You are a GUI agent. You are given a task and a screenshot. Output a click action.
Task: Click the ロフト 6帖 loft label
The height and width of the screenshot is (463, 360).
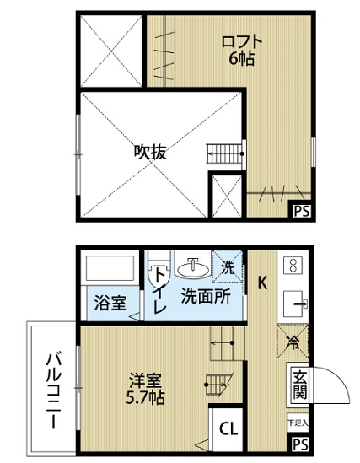point(242,51)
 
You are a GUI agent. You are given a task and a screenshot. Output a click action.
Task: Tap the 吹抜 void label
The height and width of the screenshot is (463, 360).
point(150,152)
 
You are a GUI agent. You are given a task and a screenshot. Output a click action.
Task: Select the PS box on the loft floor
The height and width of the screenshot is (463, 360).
point(302,211)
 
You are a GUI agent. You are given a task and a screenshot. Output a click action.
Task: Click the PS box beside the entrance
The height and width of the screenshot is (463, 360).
point(301,444)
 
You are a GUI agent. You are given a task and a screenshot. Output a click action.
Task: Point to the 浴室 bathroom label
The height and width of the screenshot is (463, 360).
point(110,303)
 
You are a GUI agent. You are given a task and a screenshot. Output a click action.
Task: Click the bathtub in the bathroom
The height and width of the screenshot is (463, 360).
point(110,268)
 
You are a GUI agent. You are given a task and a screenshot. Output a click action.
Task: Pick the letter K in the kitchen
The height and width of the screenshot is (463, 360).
point(262,283)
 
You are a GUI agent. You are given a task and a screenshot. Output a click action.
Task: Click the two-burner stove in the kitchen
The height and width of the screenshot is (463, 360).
point(293,265)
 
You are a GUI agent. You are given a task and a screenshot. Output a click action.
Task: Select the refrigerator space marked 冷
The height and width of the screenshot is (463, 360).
point(293,342)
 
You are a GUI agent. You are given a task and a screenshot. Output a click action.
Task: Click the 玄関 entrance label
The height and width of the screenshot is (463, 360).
point(300,385)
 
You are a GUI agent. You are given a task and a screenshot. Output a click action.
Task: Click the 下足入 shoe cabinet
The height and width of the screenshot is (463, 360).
point(298,423)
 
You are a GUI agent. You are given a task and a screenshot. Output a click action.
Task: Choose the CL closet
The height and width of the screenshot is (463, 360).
point(228,428)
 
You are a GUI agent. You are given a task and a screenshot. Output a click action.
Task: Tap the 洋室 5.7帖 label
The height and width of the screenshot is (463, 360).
point(146,389)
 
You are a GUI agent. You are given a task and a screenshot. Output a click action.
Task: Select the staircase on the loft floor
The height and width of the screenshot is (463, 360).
point(225,153)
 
